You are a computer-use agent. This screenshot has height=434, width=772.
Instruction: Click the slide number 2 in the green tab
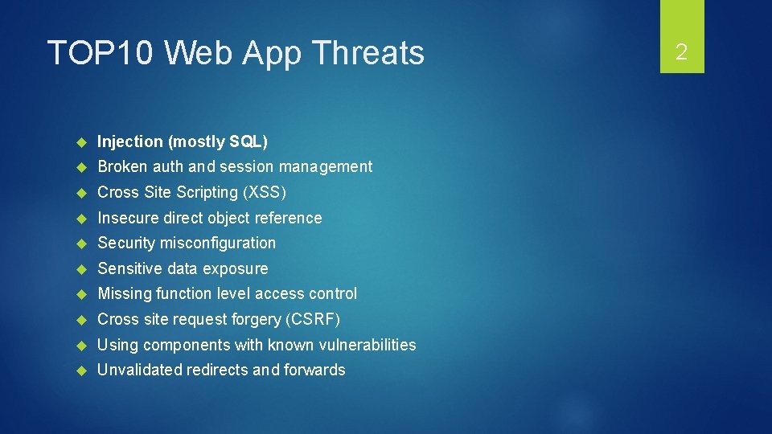coord(681,52)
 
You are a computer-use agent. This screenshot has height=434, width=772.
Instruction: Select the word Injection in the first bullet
coord(130,141)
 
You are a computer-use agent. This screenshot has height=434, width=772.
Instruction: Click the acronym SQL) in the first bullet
coord(248,141)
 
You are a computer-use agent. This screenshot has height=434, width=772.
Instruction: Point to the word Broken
coord(121,167)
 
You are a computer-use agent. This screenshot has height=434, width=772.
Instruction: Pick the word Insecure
coord(127,218)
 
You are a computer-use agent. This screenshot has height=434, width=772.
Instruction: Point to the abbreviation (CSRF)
coord(313,320)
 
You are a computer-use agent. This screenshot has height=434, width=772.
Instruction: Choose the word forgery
coord(254,320)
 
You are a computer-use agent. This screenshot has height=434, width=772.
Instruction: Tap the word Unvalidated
coord(140,371)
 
